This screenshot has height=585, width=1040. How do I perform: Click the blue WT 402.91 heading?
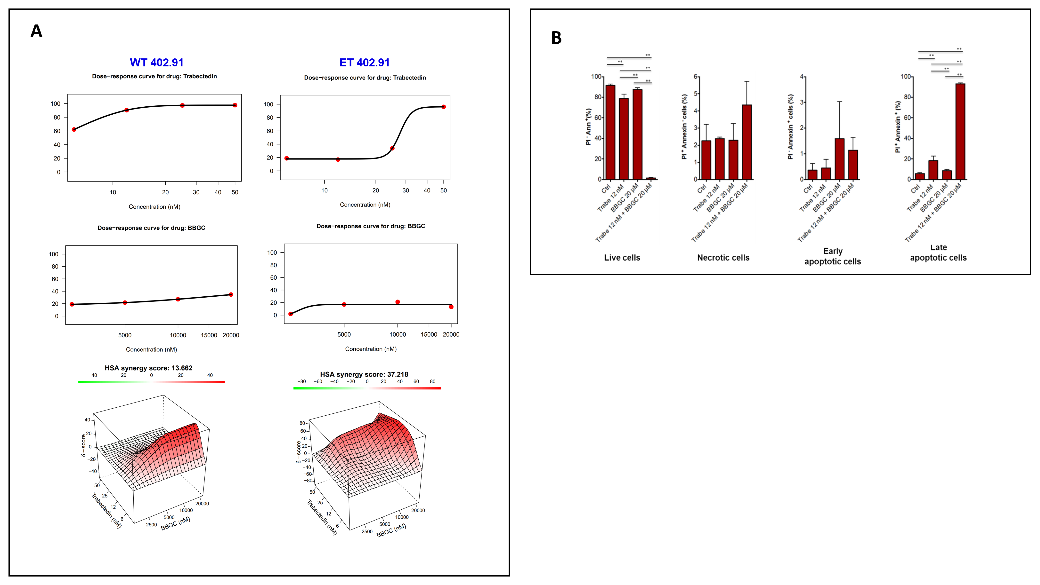157,63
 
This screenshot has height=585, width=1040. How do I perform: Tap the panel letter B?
556,38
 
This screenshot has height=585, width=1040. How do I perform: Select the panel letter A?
36,31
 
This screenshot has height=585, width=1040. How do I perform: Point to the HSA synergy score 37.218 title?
364,374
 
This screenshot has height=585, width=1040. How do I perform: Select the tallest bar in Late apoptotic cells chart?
960,131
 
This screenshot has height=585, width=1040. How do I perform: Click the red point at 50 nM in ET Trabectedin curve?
443,107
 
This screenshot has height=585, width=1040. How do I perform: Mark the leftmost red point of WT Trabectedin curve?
74,129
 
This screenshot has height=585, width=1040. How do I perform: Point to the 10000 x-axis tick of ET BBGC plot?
397,334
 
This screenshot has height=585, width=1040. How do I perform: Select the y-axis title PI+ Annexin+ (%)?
897,127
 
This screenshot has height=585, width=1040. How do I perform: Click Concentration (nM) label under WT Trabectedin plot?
154,206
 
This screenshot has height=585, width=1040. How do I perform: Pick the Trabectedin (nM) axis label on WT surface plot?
106,510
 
